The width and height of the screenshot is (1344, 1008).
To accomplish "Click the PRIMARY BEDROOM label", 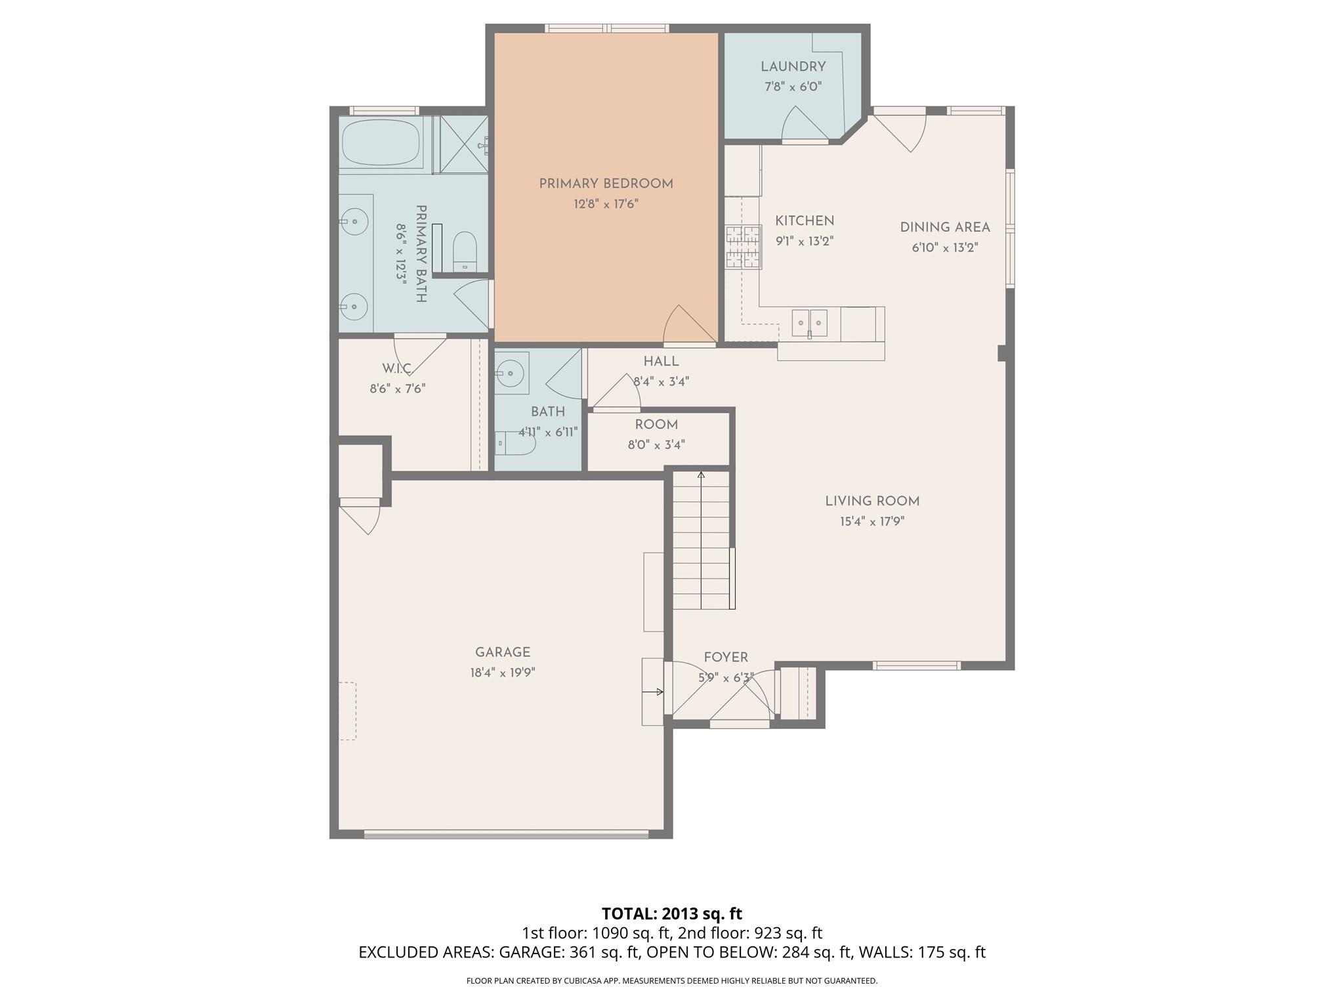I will tap(606, 184).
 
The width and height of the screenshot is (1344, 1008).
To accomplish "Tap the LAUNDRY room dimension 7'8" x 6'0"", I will tap(793, 87).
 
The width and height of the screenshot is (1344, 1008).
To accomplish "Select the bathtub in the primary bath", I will tap(381, 142).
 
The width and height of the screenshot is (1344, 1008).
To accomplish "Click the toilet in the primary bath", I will tap(465, 251).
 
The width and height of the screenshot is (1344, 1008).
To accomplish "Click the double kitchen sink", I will tap(809, 323).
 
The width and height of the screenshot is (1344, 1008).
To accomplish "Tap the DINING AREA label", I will tap(944, 227).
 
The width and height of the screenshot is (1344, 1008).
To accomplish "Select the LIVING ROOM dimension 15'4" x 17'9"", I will tap(871, 522).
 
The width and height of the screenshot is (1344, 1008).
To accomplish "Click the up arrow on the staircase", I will tap(701, 475).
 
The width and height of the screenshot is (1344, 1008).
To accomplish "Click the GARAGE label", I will tap(503, 652).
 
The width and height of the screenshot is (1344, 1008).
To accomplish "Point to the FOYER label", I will tap(726, 658).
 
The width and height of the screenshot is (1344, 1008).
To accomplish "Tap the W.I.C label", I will tap(397, 368).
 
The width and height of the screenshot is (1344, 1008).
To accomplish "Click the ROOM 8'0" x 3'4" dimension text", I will tap(656, 445).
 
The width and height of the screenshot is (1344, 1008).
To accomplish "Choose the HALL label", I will tap(661, 362).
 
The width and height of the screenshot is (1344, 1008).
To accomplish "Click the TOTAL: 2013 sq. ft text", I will tap(671, 913).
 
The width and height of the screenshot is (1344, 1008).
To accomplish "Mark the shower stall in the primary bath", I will tap(463, 144).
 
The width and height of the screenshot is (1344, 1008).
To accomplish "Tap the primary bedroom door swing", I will tap(686, 326).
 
